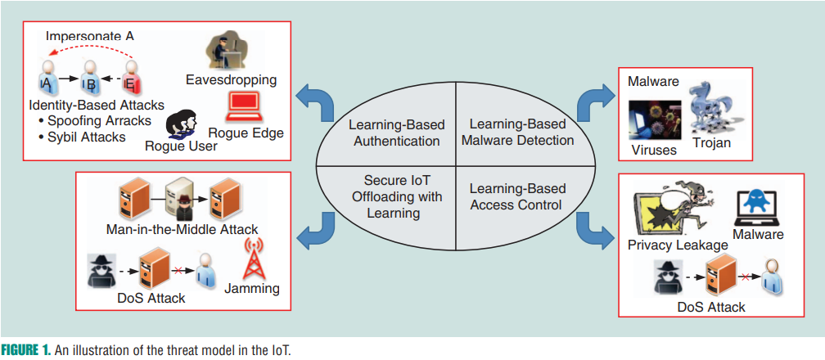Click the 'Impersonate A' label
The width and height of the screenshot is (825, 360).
pos(89,35)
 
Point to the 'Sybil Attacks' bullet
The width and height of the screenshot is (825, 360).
pos(81,136)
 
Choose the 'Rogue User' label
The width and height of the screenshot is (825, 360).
pos(181,146)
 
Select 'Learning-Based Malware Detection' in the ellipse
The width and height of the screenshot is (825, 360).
pos(516,133)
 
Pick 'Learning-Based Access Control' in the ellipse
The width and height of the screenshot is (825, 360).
pos(516,196)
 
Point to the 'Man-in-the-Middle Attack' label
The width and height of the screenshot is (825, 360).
pos(182,228)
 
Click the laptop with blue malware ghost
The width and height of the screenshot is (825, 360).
pos(758,208)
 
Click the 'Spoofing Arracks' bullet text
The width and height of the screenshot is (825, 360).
pos(94,120)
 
